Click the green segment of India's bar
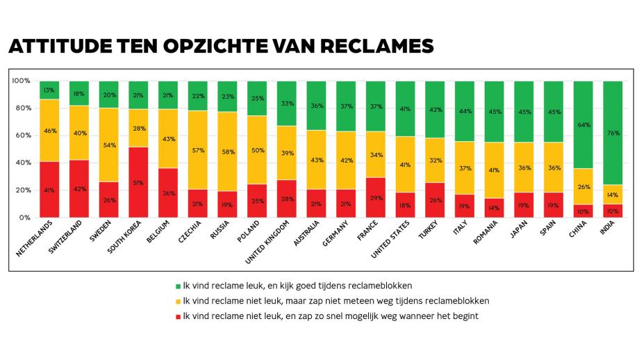(612, 132)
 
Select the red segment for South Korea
(138, 182)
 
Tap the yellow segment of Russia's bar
(227, 151)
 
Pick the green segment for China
(583, 124)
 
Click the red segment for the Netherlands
(49, 189)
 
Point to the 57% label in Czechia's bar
(197, 150)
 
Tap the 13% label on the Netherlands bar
(49, 90)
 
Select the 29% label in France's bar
(375, 199)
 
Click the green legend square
(178, 286)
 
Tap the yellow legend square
(178, 301)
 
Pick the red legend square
(178, 316)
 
